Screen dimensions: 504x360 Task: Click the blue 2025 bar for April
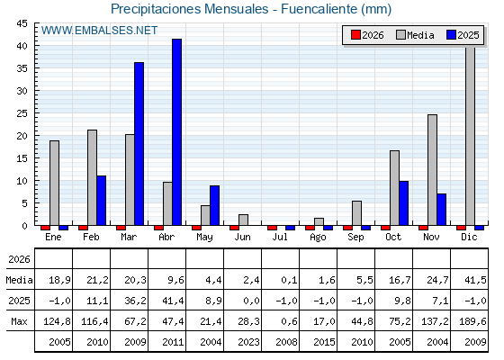[x=176, y=132]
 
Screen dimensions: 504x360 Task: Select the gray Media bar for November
[x=432, y=170]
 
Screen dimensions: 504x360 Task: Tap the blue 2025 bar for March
[x=139, y=144]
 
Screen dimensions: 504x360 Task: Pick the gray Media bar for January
[x=54, y=183]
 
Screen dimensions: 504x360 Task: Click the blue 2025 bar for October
[x=404, y=203]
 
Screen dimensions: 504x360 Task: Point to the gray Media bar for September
[x=356, y=213]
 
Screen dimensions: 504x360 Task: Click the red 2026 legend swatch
[x=355, y=35]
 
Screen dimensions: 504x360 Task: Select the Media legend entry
[x=415, y=35]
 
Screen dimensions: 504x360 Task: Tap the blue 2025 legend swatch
[x=451, y=35]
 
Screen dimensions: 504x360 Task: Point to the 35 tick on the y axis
[x=22, y=68]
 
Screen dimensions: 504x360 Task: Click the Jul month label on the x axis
[x=280, y=237]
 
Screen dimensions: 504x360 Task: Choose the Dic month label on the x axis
[x=469, y=237]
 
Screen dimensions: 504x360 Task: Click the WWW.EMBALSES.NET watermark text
[x=99, y=31]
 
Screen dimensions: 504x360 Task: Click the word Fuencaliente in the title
[x=319, y=9]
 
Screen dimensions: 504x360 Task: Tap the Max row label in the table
[x=19, y=321]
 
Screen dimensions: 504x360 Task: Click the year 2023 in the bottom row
[x=248, y=342]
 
